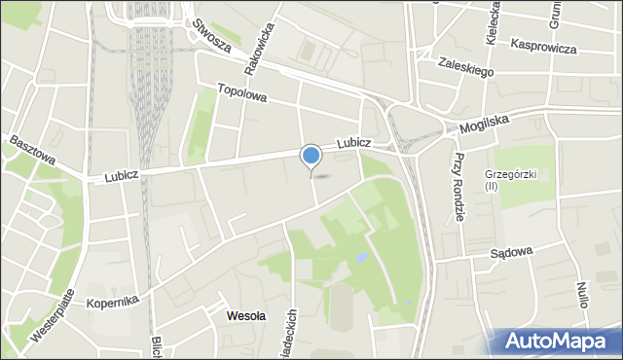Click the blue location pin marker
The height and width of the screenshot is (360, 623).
[x=311, y=157]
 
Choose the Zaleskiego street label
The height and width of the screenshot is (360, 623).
[x=466, y=66]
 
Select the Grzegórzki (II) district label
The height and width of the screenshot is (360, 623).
[x=504, y=180]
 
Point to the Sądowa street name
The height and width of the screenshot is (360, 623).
[x=511, y=252]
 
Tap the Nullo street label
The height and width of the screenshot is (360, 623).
[x=581, y=294]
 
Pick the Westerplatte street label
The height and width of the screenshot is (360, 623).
[x=49, y=320]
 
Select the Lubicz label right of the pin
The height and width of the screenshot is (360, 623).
[x=354, y=143]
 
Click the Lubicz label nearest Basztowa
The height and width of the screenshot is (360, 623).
[x=125, y=176]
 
